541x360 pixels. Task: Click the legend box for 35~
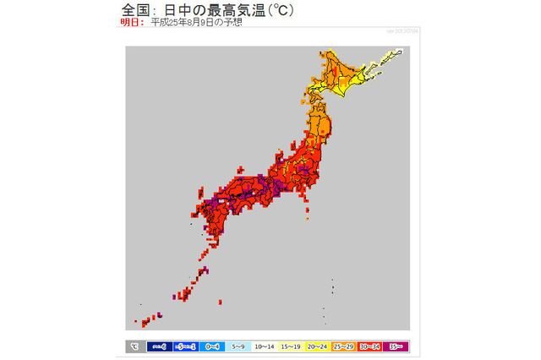click(x=396, y=346)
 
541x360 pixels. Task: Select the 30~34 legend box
click(x=369, y=346)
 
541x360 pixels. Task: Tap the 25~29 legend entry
click(x=343, y=346)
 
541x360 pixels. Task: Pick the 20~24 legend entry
click(x=317, y=346)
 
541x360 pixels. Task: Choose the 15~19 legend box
click(x=291, y=346)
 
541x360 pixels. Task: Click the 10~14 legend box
click(x=265, y=346)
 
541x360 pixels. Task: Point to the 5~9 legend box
click(x=238, y=346)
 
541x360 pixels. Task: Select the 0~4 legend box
click(x=212, y=346)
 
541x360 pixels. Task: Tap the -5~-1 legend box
click(x=185, y=346)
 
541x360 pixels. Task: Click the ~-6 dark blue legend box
click(x=159, y=346)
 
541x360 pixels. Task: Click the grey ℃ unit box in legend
click(x=134, y=346)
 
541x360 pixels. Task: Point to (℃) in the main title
click(x=278, y=9)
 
